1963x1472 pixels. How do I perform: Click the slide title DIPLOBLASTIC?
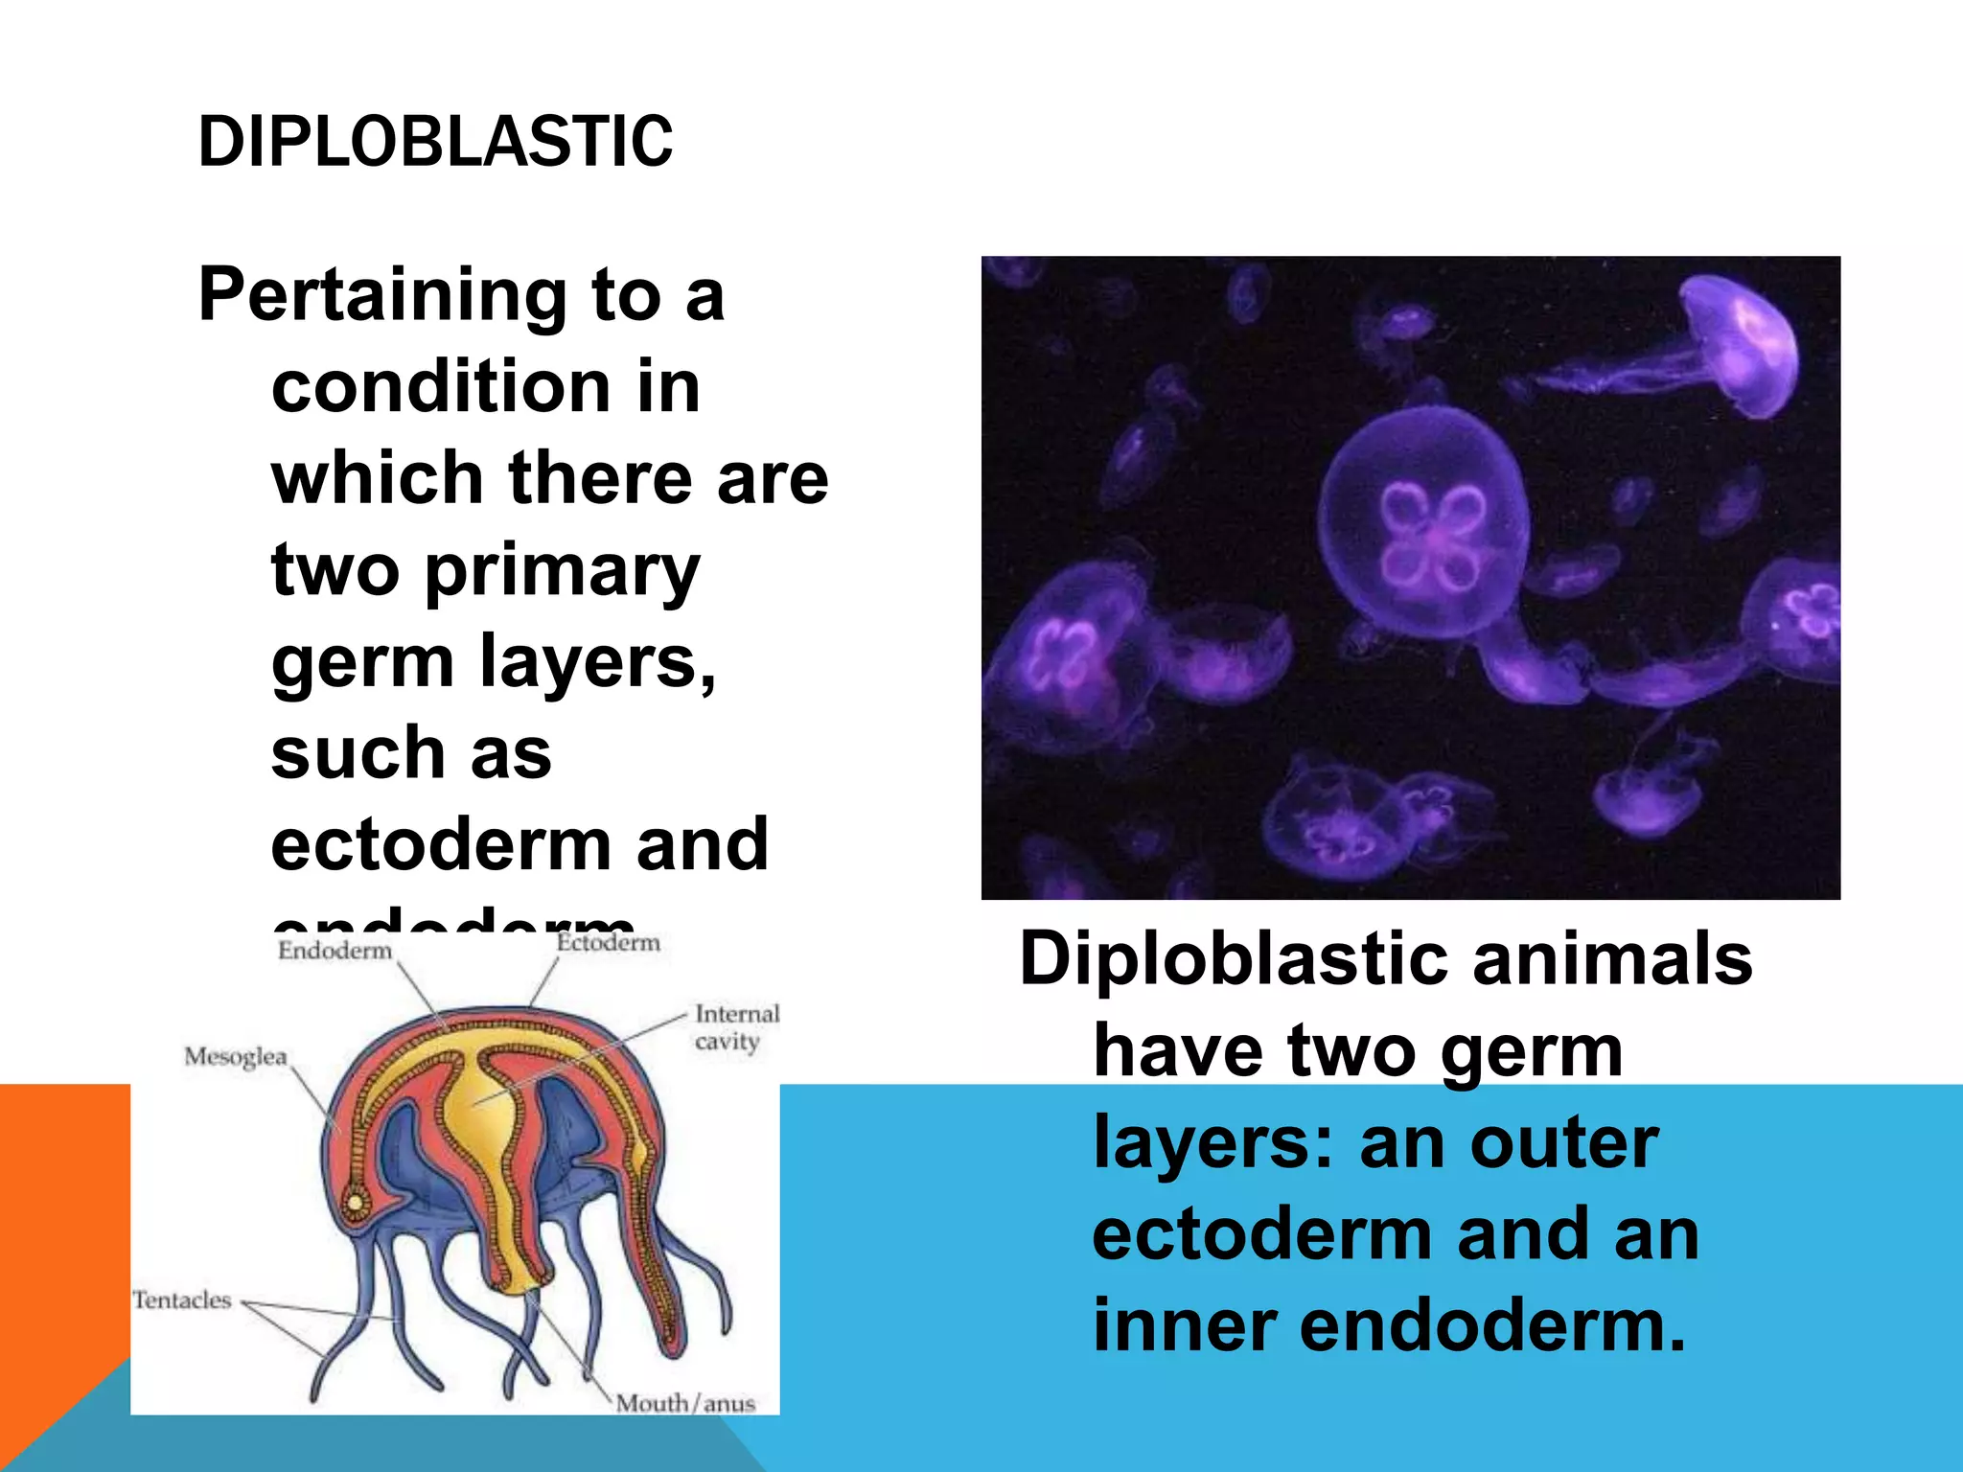coord(435,142)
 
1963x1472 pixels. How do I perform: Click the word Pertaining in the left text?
coord(382,295)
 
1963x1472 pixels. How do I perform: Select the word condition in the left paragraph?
coord(441,387)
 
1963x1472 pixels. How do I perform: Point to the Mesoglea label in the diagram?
coord(236,1057)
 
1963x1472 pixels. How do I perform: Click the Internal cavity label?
coord(737,1026)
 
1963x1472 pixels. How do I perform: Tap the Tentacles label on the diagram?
coord(182,1300)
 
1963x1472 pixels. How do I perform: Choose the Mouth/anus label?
coord(685,1404)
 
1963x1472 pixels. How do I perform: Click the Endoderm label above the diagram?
coord(335,951)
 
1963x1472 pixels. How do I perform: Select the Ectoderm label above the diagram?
coord(609,943)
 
